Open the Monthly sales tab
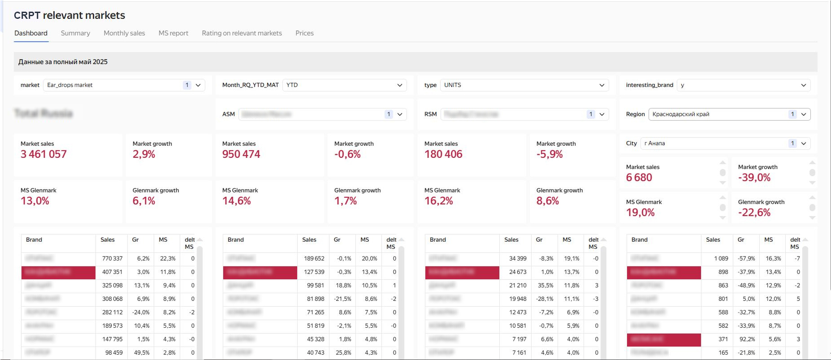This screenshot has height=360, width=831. pyautogui.click(x=124, y=33)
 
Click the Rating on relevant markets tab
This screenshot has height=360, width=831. pyautogui.click(x=242, y=33)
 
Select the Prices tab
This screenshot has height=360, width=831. pyautogui.click(x=304, y=33)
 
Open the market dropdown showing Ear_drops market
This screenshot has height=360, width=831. pyautogui.click(x=124, y=85)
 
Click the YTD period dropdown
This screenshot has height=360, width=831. pyautogui.click(x=344, y=85)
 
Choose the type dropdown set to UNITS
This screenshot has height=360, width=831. pyautogui.click(x=524, y=85)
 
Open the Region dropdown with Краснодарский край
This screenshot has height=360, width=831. pyautogui.click(x=729, y=114)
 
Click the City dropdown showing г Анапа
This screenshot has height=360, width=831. pyautogui.click(x=725, y=143)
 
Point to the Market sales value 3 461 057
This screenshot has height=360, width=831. pyautogui.click(x=43, y=154)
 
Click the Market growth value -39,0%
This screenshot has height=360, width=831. pyautogui.click(x=754, y=178)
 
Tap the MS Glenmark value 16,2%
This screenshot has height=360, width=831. pyautogui.click(x=438, y=201)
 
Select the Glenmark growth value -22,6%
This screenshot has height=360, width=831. pyautogui.click(x=754, y=213)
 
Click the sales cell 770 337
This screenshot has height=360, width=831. pyautogui.click(x=112, y=259)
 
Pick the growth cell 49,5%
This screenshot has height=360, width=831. pyautogui.click(x=142, y=353)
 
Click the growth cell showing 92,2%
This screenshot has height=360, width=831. pyautogui.click(x=747, y=339)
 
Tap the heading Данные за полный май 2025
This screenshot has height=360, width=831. pyautogui.click(x=63, y=62)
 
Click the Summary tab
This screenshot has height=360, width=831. pyautogui.click(x=75, y=33)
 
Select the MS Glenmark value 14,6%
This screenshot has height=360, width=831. pyautogui.click(x=236, y=201)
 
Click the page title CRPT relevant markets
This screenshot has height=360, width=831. pyautogui.click(x=69, y=15)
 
